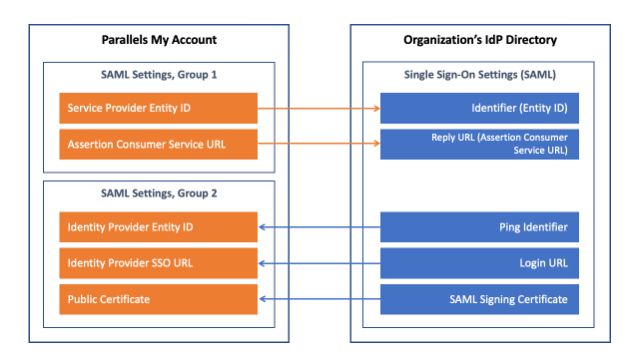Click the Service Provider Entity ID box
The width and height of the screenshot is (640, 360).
(x=158, y=108)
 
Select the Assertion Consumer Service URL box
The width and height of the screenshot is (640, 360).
(x=158, y=144)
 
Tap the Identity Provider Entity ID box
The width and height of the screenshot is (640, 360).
(x=158, y=227)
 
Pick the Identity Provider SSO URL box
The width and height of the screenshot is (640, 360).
(x=158, y=263)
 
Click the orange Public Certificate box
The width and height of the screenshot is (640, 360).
(x=158, y=299)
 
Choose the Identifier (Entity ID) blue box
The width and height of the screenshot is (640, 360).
(x=480, y=108)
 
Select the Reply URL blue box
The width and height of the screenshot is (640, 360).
(x=480, y=144)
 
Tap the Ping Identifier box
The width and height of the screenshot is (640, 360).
(x=480, y=227)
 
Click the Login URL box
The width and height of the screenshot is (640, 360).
(x=480, y=263)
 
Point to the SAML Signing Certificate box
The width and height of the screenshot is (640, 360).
(x=480, y=299)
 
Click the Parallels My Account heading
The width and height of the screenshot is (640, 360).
(x=159, y=40)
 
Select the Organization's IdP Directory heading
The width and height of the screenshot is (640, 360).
(x=480, y=40)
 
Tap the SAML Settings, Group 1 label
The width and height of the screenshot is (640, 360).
(x=159, y=75)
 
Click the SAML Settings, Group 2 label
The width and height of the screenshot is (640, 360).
(x=159, y=193)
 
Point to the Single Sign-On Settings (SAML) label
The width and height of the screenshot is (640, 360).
(x=480, y=75)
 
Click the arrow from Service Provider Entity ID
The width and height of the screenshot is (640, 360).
(x=319, y=108)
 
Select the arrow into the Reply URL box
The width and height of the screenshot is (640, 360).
(x=319, y=143)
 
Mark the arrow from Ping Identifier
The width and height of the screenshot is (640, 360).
(x=320, y=227)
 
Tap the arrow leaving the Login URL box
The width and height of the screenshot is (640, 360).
(x=320, y=263)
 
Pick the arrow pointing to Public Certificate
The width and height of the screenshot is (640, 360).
(x=320, y=299)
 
